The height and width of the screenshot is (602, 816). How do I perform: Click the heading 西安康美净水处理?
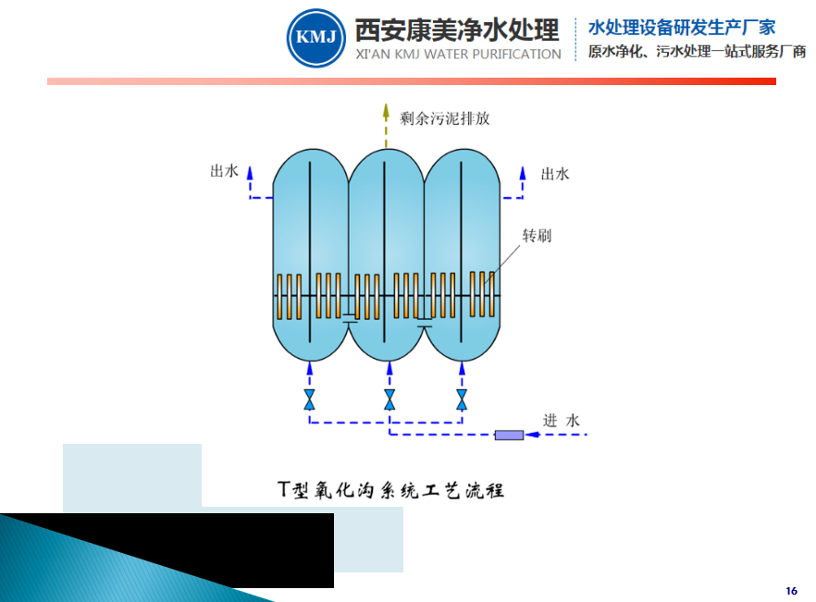457,30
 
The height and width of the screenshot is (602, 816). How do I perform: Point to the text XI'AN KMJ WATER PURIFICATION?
458,55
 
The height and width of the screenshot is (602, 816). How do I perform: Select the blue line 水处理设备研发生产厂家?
682,28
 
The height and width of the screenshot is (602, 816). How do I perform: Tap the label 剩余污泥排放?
445,118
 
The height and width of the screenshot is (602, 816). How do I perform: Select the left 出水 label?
225,171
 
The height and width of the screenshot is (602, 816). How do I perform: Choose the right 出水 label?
554,173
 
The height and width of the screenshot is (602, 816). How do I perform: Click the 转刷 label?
537,235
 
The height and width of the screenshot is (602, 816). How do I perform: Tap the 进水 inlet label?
561,421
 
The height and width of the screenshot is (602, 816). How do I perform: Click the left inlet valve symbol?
310,399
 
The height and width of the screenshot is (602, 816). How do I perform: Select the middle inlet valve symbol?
389,399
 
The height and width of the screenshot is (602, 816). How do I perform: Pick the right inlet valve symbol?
462,399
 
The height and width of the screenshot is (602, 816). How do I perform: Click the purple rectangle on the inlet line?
509,435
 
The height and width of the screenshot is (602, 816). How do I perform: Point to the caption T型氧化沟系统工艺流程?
391,489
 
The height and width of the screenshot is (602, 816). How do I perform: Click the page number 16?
791,590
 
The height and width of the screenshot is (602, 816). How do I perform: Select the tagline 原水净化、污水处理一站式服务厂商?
697,53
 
